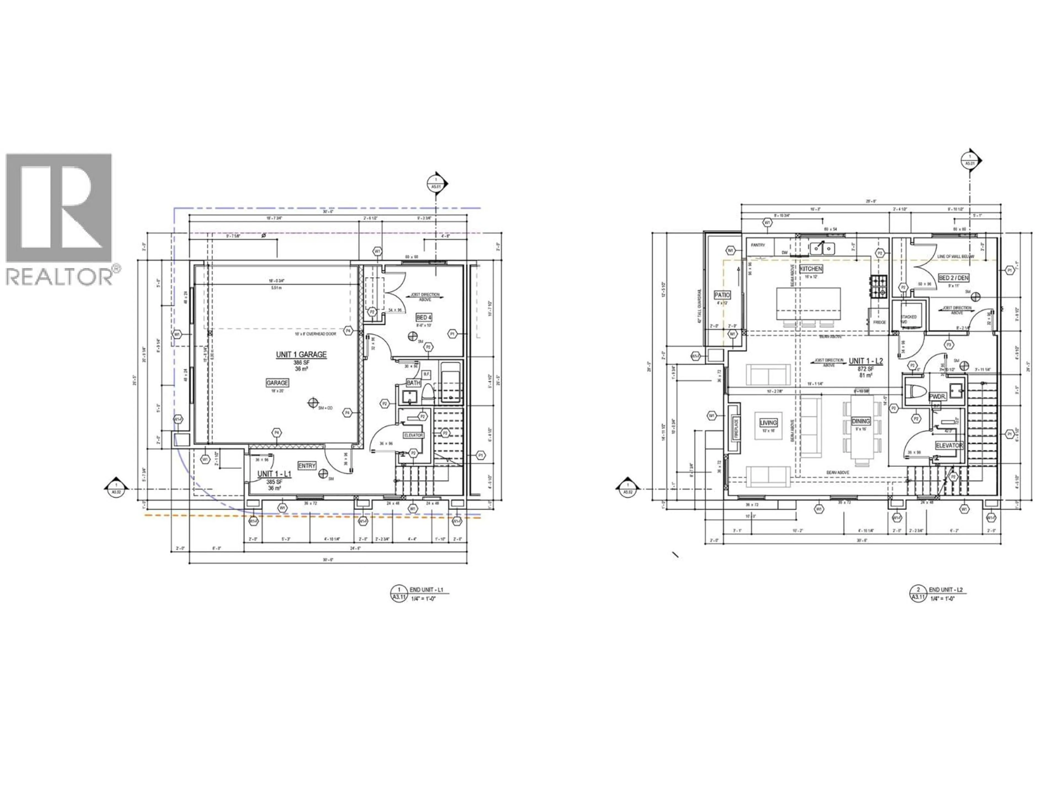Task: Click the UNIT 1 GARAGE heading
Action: (301, 355)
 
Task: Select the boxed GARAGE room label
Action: (277, 383)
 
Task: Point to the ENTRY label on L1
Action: (307, 466)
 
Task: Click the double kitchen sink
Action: (822, 248)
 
